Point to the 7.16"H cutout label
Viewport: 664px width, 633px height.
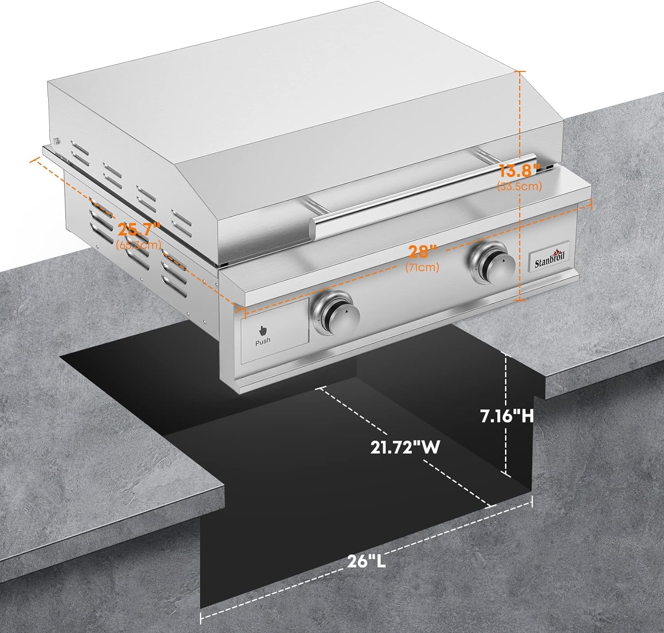507,416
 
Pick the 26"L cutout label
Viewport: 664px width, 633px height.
367,562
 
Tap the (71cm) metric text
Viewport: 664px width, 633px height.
422,267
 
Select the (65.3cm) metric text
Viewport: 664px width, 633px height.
138,245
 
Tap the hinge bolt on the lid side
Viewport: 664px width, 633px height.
56,141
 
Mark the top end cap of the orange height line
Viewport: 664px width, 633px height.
520,71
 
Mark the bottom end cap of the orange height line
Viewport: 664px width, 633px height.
520,300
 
